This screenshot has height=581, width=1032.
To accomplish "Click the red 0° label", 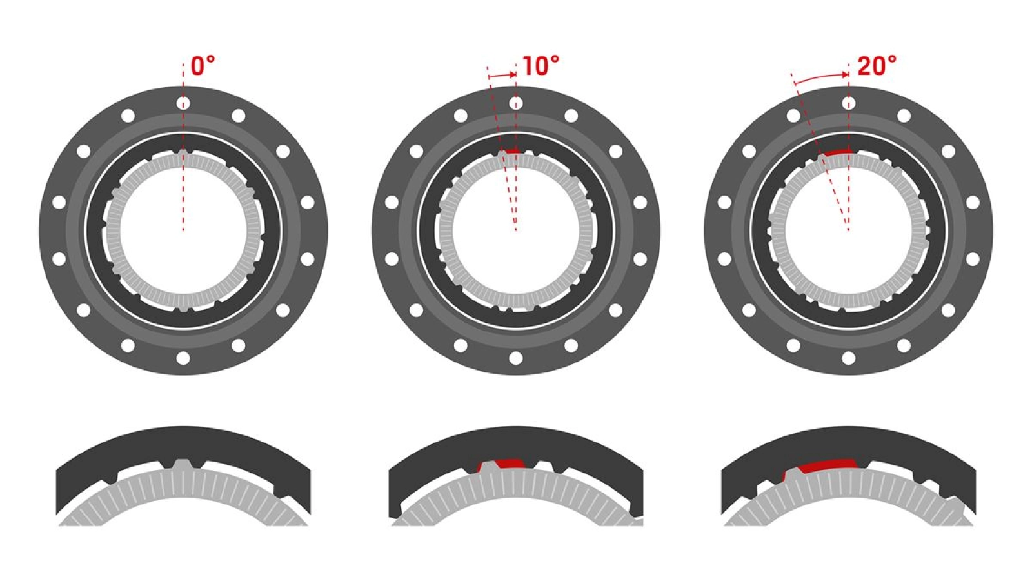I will pyautogui.click(x=203, y=66).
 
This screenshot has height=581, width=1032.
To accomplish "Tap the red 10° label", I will pyautogui.click(x=541, y=66).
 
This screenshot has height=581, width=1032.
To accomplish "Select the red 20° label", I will pyautogui.click(x=877, y=66).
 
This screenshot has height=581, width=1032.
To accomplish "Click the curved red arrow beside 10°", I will pyautogui.click(x=502, y=76).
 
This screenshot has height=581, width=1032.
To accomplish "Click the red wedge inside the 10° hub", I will pyautogui.click(x=511, y=151).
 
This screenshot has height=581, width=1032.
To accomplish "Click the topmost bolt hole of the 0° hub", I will pyautogui.click(x=183, y=103).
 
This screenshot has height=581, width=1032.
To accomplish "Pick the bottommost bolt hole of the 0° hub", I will pyautogui.click(x=183, y=358).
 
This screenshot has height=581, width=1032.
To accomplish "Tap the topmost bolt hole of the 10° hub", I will pyautogui.click(x=515, y=103).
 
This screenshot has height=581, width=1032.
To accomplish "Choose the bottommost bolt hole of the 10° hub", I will pyautogui.click(x=515, y=358).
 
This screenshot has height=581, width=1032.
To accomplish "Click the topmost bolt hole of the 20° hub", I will pyautogui.click(x=848, y=103).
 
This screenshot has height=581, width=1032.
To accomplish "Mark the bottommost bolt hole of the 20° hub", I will pyautogui.click(x=848, y=358).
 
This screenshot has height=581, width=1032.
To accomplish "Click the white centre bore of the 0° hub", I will pyautogui.click(x=183, y=230).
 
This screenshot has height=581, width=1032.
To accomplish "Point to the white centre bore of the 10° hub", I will pyautogui.click(x=515, y=230).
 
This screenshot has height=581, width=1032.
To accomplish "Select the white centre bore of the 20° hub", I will pyautogui.click(x=848, y=230).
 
